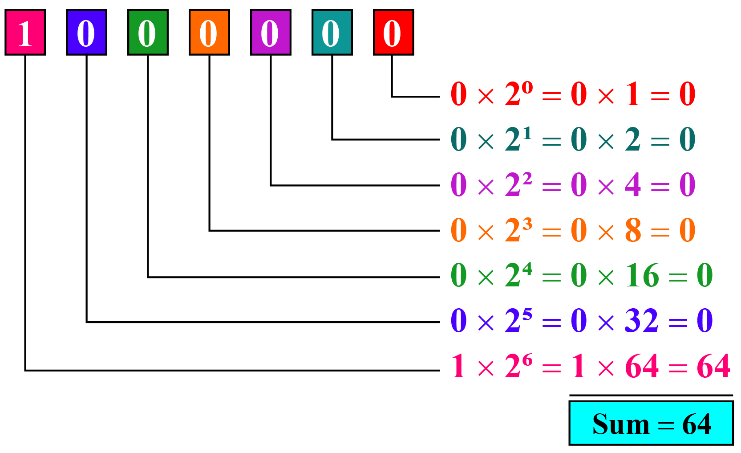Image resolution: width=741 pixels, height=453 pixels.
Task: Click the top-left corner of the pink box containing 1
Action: [x=5, y=10]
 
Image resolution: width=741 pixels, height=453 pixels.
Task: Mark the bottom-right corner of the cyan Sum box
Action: [x=733, y=445]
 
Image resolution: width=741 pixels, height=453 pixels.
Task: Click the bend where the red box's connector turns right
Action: [x=392, y=97]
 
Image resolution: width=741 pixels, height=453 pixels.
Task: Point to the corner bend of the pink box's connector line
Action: [x=25, y=371]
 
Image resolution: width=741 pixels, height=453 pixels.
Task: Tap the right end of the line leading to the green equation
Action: [x=440, y=277]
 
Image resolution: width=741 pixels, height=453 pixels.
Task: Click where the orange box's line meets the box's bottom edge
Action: [x=210, y=55]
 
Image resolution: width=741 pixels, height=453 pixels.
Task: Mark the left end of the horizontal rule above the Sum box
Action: [x=569, y=396]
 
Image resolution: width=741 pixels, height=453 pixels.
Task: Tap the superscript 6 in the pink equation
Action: [x=527, y=359]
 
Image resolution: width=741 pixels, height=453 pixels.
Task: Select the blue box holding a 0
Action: [x=87, y=32]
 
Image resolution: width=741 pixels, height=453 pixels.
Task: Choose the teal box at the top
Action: [x=332, y=32]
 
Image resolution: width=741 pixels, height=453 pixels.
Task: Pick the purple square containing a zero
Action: [x=271, y=32]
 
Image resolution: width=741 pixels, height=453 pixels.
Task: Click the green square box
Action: [x=148, y=32]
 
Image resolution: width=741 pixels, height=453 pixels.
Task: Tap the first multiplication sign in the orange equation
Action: [x=486, y=233]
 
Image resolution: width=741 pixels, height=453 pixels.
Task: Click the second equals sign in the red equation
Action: [x=660, y=96]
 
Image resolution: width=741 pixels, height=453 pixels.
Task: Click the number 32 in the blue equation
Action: [x=641, y=320]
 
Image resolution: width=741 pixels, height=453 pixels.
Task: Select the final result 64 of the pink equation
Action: [x=713, y=366]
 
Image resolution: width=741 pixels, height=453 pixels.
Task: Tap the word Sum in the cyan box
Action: [x=621, y=424]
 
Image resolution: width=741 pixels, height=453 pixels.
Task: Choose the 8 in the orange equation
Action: [x=633, y=230]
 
